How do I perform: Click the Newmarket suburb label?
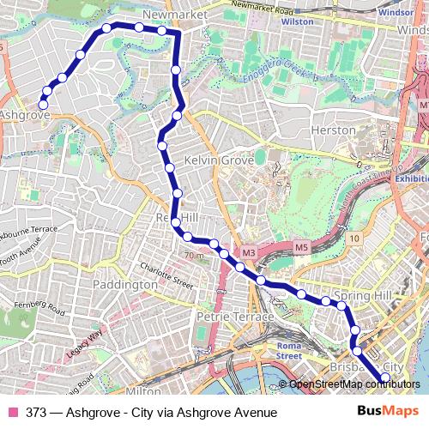pyautogui.click(x=166, y=15)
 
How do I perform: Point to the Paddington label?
pyautogui.click(x=124, y=284)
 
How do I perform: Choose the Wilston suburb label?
pyautogui.click(x=298, y=22)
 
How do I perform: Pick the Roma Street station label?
pyautogui.click(x=289, y=349)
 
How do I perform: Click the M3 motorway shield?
pyautogui.click(x=248, y=252)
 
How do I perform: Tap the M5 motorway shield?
pyautogui.click(x=301, y=248)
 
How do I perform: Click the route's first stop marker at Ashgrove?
pyautogui.click(x=43, y=106)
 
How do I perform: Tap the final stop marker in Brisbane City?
pyautogui.click(x=385, y=378)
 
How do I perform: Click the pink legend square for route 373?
pyautogui.click(x=12, y=413)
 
